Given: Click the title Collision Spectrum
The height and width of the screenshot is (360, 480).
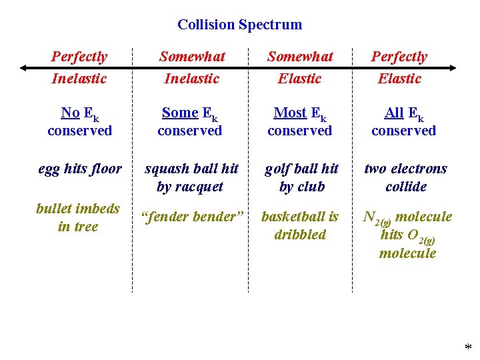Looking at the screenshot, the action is (x=239, y=25).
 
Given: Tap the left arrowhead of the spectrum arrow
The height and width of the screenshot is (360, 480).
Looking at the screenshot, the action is (x=24, y=67).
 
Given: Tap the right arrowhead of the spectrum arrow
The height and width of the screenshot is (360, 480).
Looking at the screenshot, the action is (x=454, y=67).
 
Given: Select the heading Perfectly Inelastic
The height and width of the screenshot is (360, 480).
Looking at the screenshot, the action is (x=79, y=67).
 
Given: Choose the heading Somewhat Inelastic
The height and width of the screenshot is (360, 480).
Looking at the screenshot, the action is (x=192, y=67).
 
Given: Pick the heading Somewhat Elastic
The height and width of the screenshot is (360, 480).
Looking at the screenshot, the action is (x=299, y=67).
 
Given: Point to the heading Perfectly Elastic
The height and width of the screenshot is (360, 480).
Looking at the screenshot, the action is (x=399, y=67).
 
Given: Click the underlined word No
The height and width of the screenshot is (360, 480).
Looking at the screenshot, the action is (x=70, y=113).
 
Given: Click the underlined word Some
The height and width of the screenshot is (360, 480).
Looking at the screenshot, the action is (x=180, y=113).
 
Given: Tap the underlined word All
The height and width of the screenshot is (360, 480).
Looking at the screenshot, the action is (x=394, y=113).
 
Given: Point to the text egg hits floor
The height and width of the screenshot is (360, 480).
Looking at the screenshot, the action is (x=80, y=169).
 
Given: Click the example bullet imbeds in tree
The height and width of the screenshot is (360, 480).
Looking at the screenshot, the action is (x=78, y=217).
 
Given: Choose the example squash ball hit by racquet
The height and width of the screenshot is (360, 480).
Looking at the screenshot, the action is (x=191, y=177).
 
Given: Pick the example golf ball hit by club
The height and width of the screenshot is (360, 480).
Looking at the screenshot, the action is (x=301, y=177).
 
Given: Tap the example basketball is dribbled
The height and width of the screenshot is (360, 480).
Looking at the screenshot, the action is (x=300, y=225).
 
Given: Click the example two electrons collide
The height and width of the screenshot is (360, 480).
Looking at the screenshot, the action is (x=405, y=177).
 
